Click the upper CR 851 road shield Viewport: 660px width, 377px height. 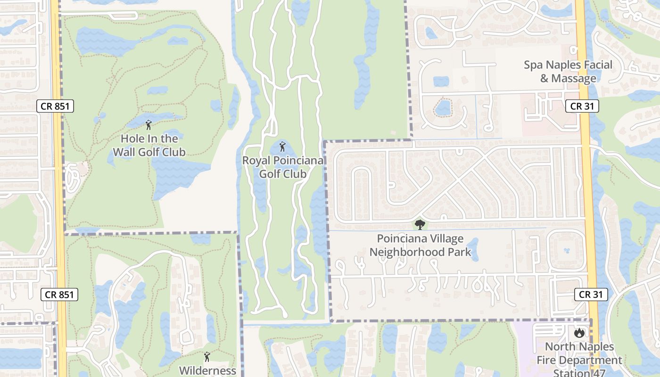tap(55, 106)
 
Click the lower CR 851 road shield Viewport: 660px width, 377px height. tap(59, 295)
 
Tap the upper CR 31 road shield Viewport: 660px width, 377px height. tap(582, 106)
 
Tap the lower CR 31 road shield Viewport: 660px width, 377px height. tap(591, 295)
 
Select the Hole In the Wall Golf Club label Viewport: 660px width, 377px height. tap(149, 145)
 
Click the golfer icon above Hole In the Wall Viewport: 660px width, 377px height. tap(149, 125)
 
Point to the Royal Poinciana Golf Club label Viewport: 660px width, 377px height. tap(283, 167)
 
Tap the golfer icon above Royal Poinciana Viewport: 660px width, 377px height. tap(282, 147)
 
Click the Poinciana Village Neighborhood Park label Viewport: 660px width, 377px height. tap(420, 246)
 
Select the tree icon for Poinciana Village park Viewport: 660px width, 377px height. tap(420, 225)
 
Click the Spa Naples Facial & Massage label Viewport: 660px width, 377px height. tap(568, 72)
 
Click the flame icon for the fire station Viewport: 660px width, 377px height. tap(579, 333)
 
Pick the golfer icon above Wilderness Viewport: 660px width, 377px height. tap(206, 357)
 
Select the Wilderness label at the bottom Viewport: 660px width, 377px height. tap(207, 370)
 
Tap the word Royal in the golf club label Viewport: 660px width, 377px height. tap(256, 161)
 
